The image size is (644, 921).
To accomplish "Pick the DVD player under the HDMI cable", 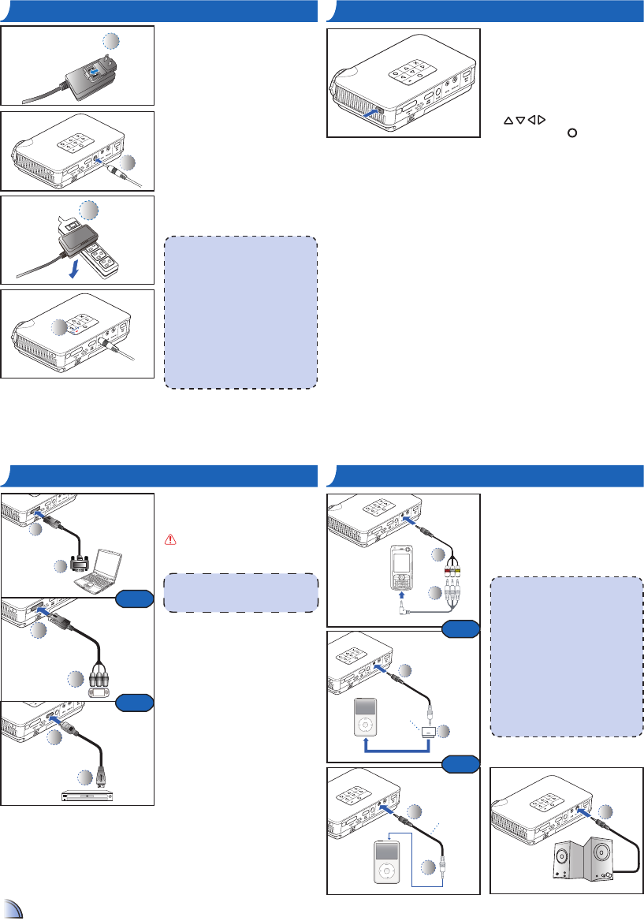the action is click(87, 795).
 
